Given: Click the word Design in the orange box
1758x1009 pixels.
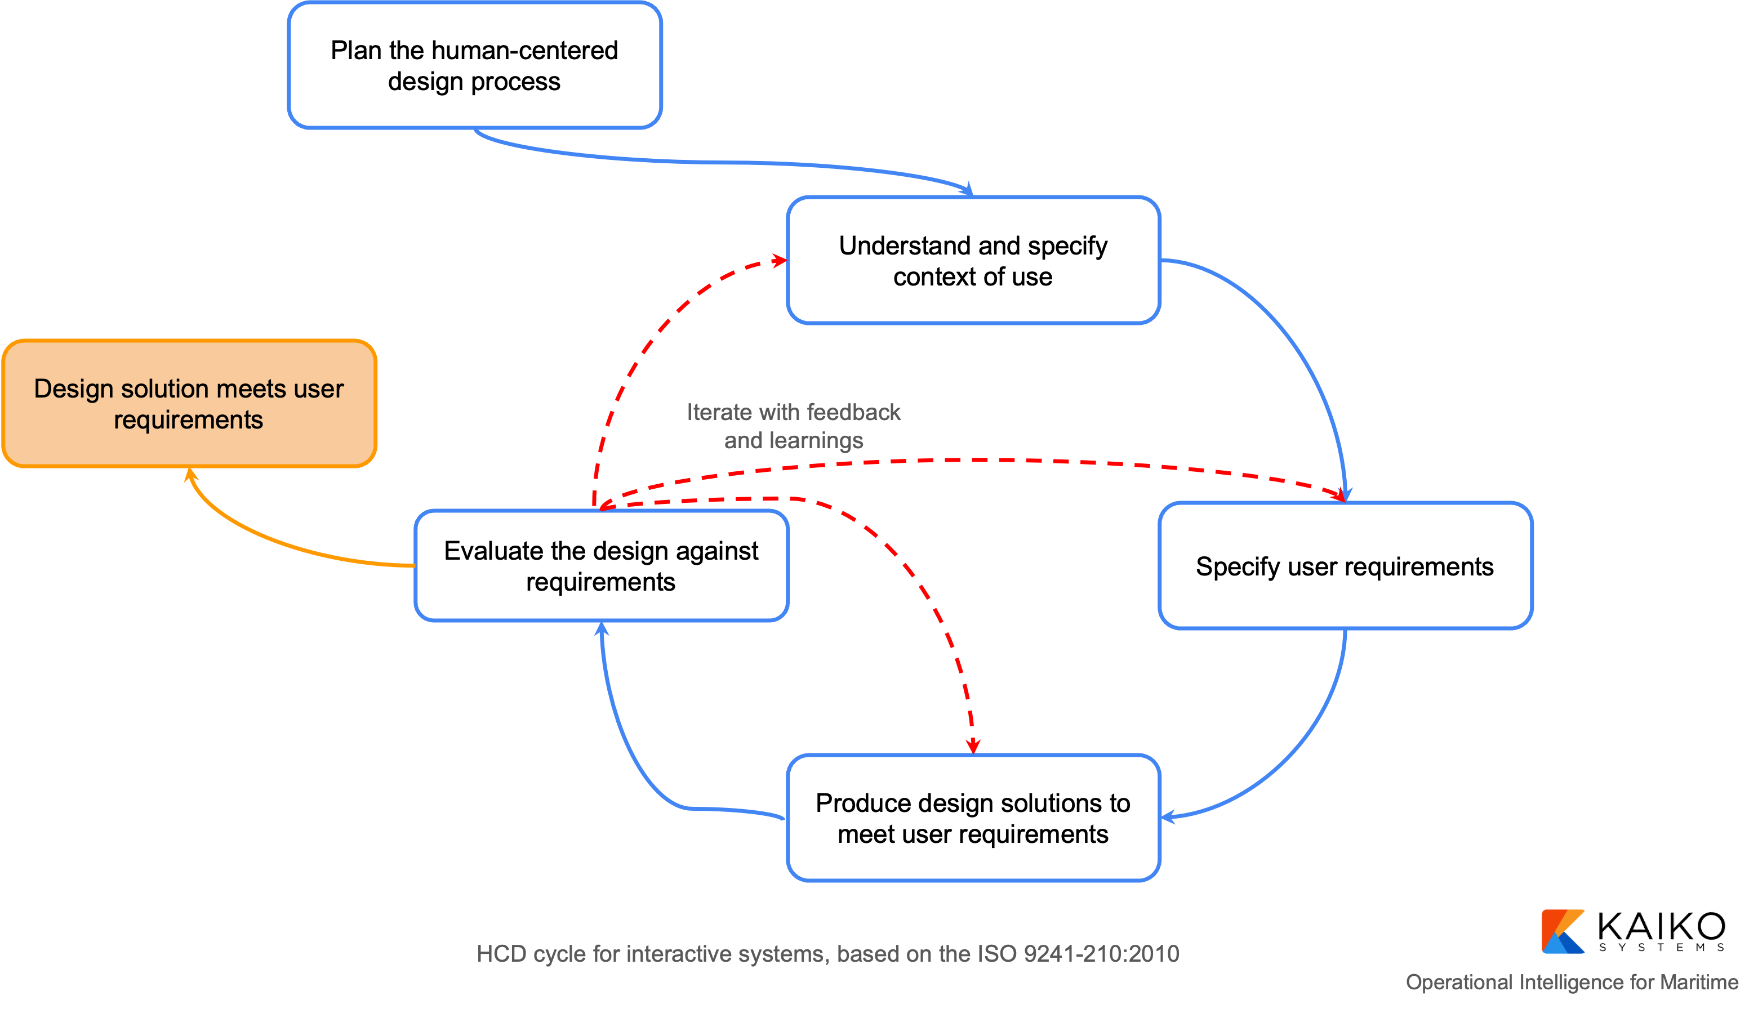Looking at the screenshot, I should tap(73, 390).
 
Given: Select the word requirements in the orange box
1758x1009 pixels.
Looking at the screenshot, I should tap(188, 421).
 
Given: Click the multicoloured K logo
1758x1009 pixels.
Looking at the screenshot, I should tap(1562, 932).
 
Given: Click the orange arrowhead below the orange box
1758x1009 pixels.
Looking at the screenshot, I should tap(190, 475).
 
